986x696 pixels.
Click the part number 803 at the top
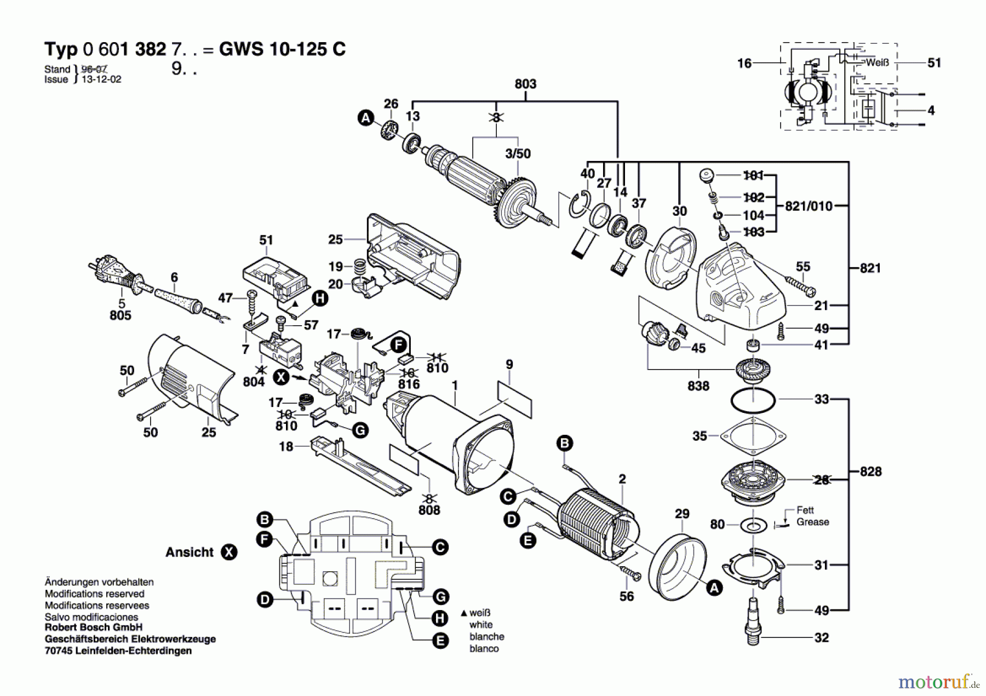coord(525,84)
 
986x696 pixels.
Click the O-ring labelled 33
coord(753,400)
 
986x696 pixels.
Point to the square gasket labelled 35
coord(753,436)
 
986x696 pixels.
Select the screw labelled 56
coord(630,573)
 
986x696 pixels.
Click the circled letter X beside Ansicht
coord(229,552)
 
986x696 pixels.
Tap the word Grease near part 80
coord(812,522)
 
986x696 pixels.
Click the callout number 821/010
coord(809,206)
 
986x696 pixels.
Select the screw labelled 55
coord(799,285)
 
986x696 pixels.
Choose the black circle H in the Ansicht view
coord(439,619)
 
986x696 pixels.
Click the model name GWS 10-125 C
coord(282,49)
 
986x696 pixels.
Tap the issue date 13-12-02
coord(101,79)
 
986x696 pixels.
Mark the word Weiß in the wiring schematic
coord(877,63)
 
